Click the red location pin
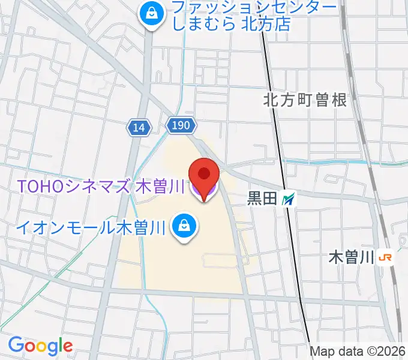click(x=204, y=175)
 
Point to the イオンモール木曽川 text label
click(x=90, y=227)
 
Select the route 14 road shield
click(x=139, y=127)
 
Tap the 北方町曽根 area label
click(x=305, y=100)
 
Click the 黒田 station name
click(x=262, y=199)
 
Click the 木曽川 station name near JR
click(x=352, y=258)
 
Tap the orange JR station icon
click(x=385, y=258)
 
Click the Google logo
click(x=40, y=346)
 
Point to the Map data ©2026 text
click(x=358, y=352)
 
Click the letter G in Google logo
click(x=16, y=345)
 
